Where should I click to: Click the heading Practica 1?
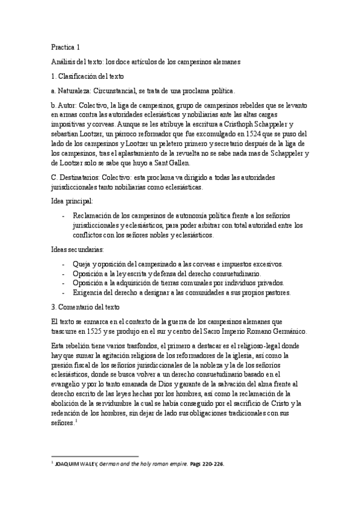[65, 46]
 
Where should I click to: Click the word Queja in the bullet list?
[83, 265]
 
